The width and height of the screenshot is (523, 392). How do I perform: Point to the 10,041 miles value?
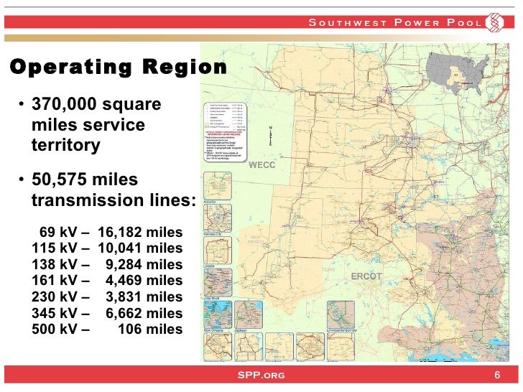(x=140, y=248)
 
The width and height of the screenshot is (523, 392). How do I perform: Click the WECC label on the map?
(x=262, y=165)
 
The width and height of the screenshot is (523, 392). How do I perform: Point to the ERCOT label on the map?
(x=367, y=276)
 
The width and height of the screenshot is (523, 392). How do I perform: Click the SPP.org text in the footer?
(x=261, y=375)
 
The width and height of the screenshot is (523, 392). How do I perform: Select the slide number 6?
(x=496, y=375)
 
